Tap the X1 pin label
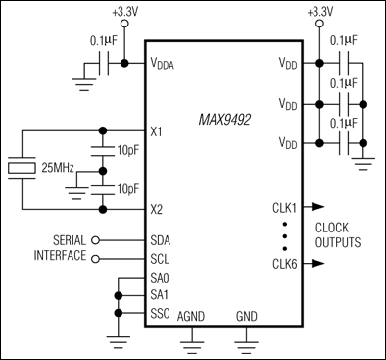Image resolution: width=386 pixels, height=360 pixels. click(159, 130)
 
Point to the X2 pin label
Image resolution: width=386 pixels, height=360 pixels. click(159, 208)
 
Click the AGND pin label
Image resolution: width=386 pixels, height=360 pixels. click(190, 317)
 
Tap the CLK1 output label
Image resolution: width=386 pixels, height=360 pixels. click(285, 207)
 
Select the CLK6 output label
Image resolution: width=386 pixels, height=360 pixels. click(285, 262)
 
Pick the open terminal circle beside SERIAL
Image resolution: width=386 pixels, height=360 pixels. click(95, 240)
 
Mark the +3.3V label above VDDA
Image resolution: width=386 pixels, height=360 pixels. click(125, 12)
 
